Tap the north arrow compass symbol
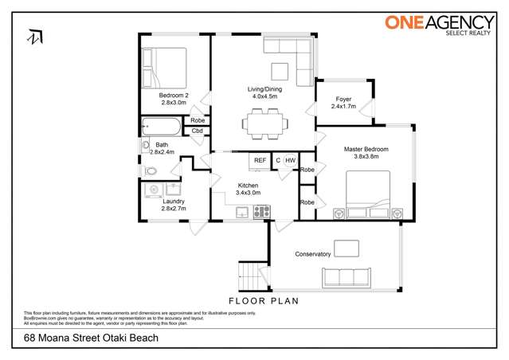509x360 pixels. pos(34,37)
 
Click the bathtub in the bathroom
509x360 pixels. pos(162,125)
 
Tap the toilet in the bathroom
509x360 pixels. pos(151,170)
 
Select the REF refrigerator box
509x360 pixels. pos(260,161)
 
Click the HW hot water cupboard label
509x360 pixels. pos(291,161)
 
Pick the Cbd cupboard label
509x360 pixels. pos(197,131)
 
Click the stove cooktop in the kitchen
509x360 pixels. pos(261,212)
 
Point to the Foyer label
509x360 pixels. pos(343,100)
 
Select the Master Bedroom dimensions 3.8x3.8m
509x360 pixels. pos(366,157)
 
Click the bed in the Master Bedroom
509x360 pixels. pos(367,195)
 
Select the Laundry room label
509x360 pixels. pos(173,202)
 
